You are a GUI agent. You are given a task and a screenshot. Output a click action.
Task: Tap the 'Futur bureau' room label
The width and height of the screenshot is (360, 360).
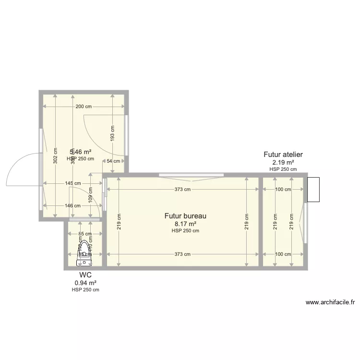(185, 216)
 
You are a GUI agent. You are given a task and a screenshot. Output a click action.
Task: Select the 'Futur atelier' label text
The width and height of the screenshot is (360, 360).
(283, 155)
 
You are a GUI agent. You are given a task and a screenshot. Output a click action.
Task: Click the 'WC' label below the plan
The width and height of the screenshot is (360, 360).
(85, 275)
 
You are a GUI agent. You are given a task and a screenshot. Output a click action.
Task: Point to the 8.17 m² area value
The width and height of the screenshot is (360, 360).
(185, 224)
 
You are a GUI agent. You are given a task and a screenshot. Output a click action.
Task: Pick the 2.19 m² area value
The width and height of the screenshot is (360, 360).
(283, 162)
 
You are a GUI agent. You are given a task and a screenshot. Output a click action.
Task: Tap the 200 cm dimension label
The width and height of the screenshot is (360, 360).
(84, 107)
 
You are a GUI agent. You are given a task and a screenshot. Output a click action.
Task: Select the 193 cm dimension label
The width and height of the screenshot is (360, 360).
(112, 133)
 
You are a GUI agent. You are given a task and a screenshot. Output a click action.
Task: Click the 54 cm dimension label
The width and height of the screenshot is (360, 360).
(113, 161)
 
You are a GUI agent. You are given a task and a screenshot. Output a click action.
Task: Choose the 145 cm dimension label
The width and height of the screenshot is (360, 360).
(72, 183)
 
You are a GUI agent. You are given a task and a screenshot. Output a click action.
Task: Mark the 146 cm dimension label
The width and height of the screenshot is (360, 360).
(72, 205)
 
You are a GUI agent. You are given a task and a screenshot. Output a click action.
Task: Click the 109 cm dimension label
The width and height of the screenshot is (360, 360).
(90, 195)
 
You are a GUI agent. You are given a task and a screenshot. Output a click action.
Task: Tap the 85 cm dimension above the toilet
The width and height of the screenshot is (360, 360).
(85, 234)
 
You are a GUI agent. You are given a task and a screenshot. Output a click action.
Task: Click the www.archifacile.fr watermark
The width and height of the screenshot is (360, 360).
(330, 302)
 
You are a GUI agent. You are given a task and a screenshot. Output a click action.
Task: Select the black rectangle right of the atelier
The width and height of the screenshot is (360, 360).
(313, 190)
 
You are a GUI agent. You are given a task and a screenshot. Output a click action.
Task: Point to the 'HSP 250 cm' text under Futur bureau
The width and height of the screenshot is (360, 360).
(185, 231)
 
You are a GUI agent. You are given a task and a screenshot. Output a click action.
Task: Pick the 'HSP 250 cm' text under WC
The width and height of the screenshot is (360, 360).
(85, 289)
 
